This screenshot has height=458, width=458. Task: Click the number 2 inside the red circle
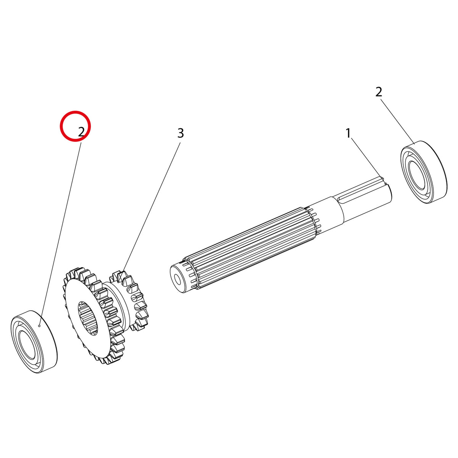[81, 132]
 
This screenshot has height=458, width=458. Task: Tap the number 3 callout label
[181, 133]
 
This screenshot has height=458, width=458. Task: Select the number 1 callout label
[348, 133]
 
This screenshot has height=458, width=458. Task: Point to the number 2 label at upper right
[379, 92]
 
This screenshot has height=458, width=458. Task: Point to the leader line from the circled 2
[60, 235]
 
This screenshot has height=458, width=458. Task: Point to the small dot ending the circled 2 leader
[39, 326]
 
